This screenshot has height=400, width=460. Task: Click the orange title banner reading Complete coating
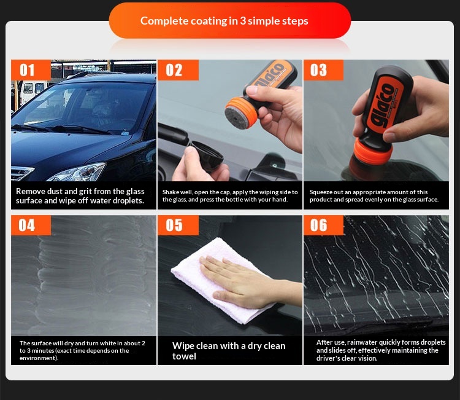[230, 20]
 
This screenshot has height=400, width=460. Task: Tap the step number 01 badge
[31, 70]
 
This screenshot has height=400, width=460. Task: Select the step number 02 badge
[178, 70]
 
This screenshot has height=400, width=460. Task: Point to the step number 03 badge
[323, 70]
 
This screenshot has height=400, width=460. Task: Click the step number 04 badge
[31, 225]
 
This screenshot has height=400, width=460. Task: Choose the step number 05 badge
[178, 225]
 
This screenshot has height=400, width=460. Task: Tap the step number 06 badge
[323, 225]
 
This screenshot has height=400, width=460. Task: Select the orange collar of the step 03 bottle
[373, 151]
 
